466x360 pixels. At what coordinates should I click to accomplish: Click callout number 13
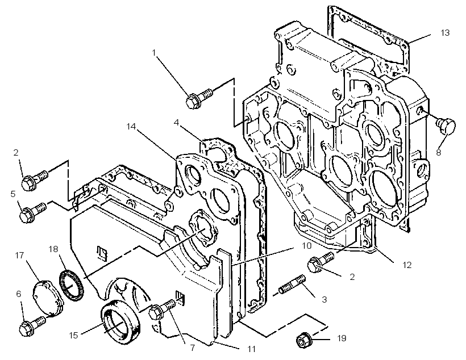(x=445, y=32)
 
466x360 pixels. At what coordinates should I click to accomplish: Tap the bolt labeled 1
(x=199, y=98)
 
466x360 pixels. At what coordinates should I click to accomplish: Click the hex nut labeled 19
(x=303, y=340)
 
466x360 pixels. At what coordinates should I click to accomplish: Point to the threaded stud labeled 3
(x=293, y=284)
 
